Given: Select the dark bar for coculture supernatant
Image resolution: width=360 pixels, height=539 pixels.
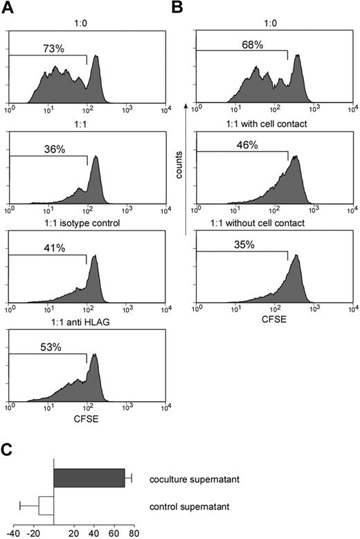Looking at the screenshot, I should pyautogui.click(x=89, y=478).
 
